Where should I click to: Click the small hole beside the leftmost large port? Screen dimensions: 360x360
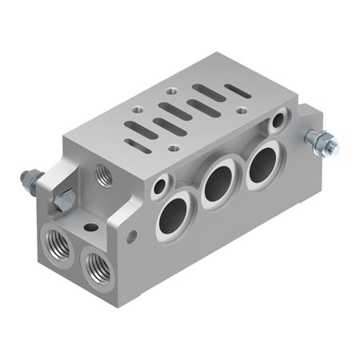pyautogui.click(x=160, y=186)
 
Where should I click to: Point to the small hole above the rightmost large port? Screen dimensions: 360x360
pyautogui.click(x=278, y=122)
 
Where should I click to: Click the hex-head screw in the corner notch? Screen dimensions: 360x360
pyautogui.click(x=64, y=200)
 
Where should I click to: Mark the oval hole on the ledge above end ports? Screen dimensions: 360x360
pyautogui.click(x=91, y=227)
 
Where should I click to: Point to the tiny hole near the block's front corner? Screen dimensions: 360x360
pyautogui.click(x=131, y=236)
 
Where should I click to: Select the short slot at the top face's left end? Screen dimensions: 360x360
pyautogui.click(x=138, y=146)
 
